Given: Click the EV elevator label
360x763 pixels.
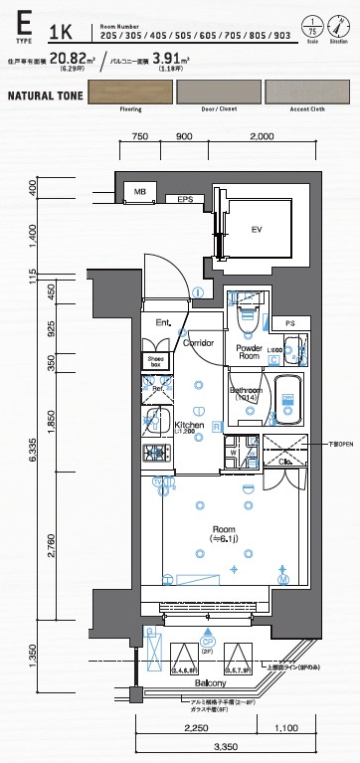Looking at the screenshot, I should click(256, 230).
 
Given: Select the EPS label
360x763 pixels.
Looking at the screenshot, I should click(184, 201).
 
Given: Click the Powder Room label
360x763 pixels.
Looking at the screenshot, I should click(248, 352).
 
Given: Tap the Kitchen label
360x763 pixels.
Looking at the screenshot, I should click(189, 426).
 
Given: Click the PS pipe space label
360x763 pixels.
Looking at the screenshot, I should click(289, 324).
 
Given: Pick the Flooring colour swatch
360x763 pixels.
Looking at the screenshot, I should click(130, 95).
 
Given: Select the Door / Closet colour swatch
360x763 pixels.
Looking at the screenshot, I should click(220, 95).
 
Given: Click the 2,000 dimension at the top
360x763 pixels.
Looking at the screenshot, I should click(264, 136).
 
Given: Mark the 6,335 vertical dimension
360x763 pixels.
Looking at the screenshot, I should click(33, 453).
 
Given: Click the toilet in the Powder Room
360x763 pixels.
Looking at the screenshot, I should click(248, 316).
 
